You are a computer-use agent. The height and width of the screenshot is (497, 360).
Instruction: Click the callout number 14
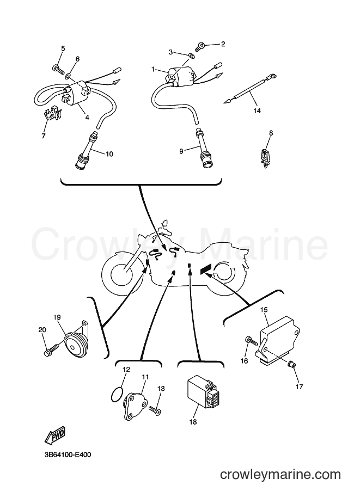point(257,111)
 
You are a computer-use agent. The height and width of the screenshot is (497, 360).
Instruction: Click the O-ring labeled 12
point(117,394)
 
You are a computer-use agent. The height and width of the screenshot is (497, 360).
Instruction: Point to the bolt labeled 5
point(58,69)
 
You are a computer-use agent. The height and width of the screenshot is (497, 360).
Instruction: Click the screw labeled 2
point(200,47)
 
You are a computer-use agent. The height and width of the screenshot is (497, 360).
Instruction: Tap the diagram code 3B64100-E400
point(68,455)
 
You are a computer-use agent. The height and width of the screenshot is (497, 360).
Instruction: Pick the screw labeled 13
point(155,410)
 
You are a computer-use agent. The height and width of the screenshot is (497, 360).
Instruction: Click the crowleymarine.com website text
point(280,475)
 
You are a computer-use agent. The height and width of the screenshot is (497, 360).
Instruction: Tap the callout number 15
point(264,309)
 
